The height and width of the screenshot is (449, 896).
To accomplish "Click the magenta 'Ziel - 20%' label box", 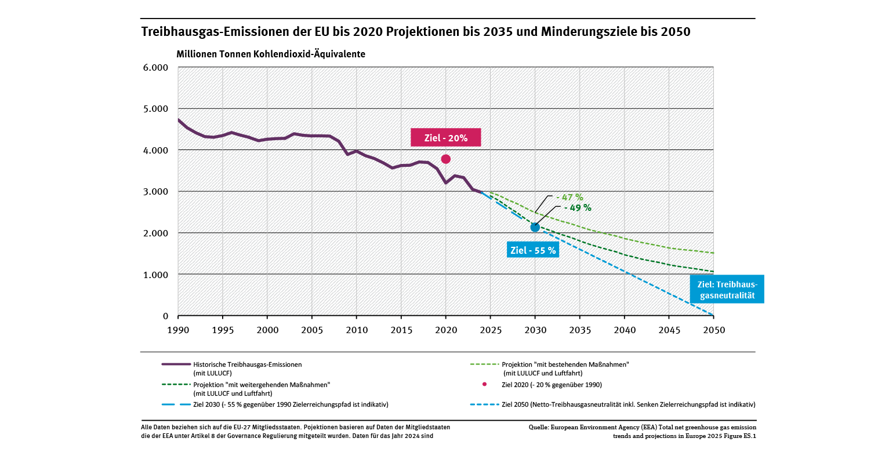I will tap(446, 137).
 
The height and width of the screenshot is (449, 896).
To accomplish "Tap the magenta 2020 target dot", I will tap(445, 159).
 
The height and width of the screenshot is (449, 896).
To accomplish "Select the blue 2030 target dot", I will tap(535, 227).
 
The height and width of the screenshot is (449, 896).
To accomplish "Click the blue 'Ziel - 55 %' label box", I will tap(532, 250).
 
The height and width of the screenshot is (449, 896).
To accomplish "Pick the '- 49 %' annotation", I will tap(578, 207).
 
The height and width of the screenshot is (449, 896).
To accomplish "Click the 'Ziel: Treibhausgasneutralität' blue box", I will tap(727, 290).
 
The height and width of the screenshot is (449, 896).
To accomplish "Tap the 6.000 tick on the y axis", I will tap(155, 67).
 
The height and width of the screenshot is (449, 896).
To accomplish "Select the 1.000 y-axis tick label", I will tap(155, 275).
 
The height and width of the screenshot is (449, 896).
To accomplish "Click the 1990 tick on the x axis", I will tap(178, 330).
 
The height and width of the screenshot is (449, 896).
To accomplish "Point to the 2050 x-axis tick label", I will tap(713, 330).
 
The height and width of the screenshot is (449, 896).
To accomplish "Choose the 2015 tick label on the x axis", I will tap(401, 330).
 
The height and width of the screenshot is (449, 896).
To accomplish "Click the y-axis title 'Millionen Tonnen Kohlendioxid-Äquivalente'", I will tap(271, 54).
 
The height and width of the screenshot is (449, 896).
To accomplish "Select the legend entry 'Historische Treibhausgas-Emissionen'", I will tap(248, 364).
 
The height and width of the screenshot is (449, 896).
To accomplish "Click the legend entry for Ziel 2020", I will tap(551, 385).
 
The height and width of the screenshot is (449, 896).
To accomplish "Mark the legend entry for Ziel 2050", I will tap(629, 404).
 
